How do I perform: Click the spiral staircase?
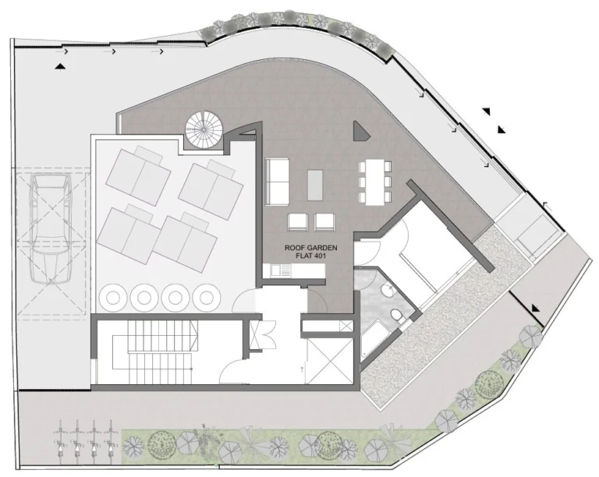204,129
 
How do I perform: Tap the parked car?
51,228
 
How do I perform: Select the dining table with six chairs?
374,182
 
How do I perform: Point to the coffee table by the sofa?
315,185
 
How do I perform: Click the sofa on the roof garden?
277,182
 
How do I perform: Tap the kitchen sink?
281,270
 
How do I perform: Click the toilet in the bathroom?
396,316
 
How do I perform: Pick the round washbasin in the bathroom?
387,291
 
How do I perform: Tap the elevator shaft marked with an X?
330,361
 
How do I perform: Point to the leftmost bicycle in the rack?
60,443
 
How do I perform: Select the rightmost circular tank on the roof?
206,297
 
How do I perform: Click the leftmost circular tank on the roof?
112,297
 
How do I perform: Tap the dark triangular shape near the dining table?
360,131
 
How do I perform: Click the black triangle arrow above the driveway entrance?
60,68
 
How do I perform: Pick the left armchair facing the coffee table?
298,222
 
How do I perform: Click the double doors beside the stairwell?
263,334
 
